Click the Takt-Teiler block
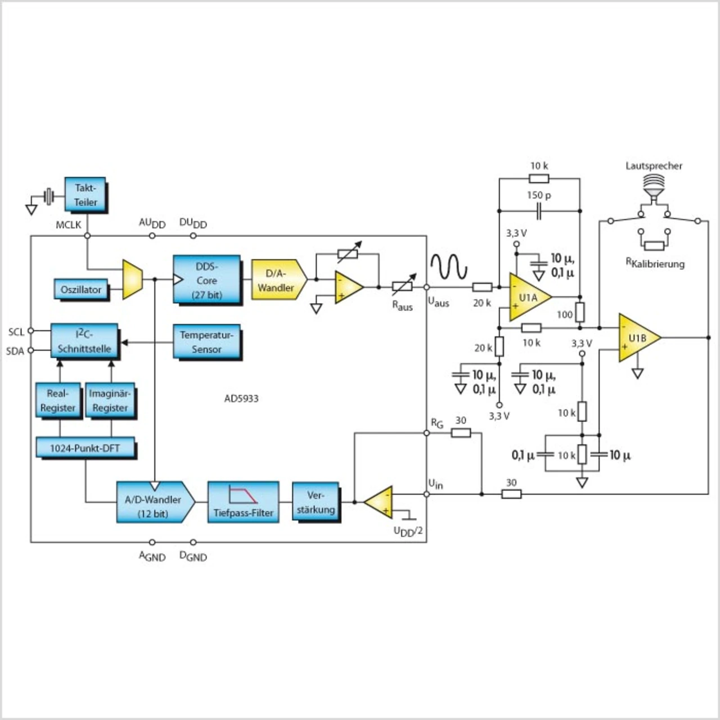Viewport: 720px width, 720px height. [x=85, y=195]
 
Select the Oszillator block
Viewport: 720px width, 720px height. [x=81, y=289]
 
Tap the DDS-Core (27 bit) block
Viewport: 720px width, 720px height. [x=206, y=280]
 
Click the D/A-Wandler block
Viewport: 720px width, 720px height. [x=277, y=280]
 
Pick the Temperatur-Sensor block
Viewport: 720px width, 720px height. [x=206, y=341]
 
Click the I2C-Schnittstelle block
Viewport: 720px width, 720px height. [x=84, y=341]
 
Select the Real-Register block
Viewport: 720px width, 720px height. [x=58, y=400]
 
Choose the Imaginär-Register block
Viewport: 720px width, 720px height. [x=110, y=400]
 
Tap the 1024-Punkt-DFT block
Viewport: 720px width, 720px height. [x=85, y=448]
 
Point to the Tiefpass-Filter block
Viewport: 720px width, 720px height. [x=243, y=502]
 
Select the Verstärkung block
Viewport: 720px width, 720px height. [x=316, y=502]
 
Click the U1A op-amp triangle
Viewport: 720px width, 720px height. [x=528, y=298]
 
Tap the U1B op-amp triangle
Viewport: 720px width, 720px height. [x=638, y=337]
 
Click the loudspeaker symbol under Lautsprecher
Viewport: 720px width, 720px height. [x=654, y=188]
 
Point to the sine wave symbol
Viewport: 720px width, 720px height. [x=449, y=266]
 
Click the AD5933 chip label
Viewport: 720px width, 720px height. [x=241, y=398]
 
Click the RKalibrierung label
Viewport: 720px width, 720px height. [x=655, y=263]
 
